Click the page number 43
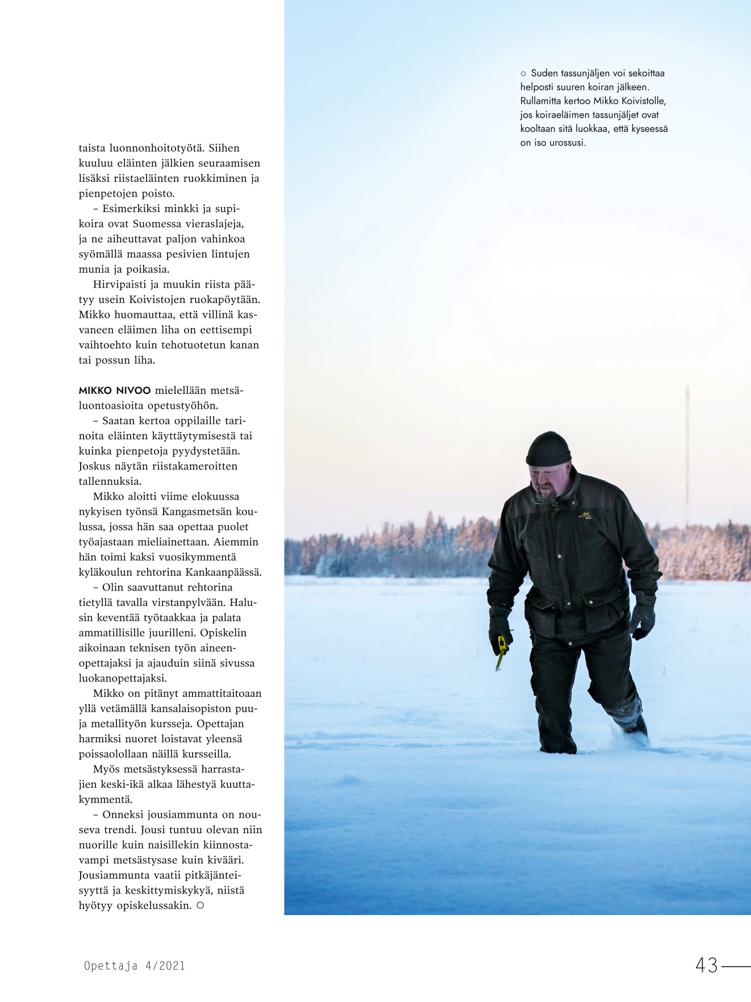tap(706, 965)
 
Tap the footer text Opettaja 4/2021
tap(134, 966)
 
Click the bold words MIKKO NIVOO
tap(114, 390)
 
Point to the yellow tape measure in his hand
tap(501, 652)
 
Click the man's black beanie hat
tap(548, 448)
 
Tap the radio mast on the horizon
tap(687, 455)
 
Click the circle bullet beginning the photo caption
tap(524, 73)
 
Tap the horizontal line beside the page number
tap(737, 965)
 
